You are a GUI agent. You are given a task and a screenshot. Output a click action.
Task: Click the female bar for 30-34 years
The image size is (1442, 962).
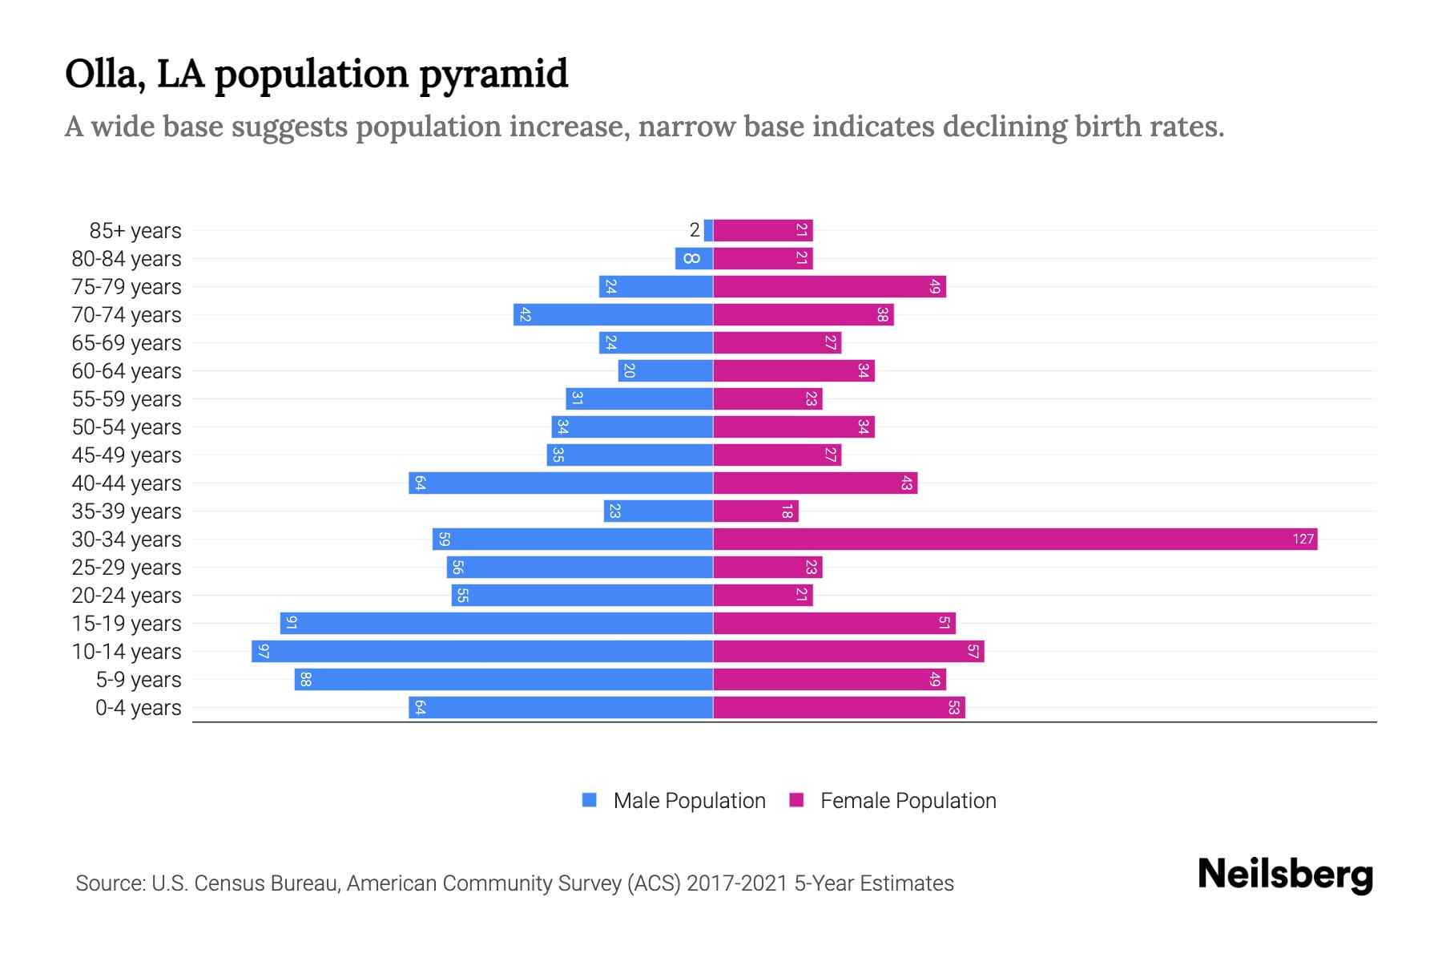click(x=1015, y=539)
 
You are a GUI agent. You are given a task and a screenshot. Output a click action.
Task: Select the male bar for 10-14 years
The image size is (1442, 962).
click(x=482, y=651)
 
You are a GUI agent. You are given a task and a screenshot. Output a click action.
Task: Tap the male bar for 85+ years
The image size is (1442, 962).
click(x=708, y=230)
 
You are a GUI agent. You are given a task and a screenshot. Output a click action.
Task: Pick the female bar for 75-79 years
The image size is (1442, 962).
click(x=829, y=286)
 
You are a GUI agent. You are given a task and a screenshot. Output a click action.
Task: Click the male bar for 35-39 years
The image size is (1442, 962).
click(x=659, y=511)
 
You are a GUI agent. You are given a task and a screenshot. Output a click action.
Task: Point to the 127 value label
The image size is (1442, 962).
click(x=1303, y=539)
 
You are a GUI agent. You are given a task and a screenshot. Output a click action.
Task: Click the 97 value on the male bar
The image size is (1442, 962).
click(x=264, y=651)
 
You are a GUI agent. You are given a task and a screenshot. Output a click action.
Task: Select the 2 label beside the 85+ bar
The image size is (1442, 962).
click(x=695, y=230)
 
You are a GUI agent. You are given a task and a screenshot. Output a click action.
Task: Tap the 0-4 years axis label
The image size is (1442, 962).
click(x=138, y=708)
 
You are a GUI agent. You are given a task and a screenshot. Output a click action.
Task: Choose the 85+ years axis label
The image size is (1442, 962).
click(x=135, y=231)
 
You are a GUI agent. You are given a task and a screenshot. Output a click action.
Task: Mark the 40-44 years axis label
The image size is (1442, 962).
click(x=127, y=483)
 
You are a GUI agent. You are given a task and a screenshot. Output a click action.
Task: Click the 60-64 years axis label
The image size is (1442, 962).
click(x=127, y=371)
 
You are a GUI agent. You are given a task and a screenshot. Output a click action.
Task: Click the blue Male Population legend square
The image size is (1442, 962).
click(x=590, y=800)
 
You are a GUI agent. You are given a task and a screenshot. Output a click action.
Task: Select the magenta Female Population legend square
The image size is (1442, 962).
click(x=796, y=800)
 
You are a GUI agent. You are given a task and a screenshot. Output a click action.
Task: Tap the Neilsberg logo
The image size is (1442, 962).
click(x=1285, y=875)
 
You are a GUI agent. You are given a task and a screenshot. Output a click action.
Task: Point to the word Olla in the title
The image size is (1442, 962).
click(x=101, y=74)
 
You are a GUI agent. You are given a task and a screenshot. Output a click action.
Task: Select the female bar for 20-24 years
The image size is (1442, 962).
click(x=763, y=595)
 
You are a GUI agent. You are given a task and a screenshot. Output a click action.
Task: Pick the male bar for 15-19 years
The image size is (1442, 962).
click(x=497, y=623)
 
